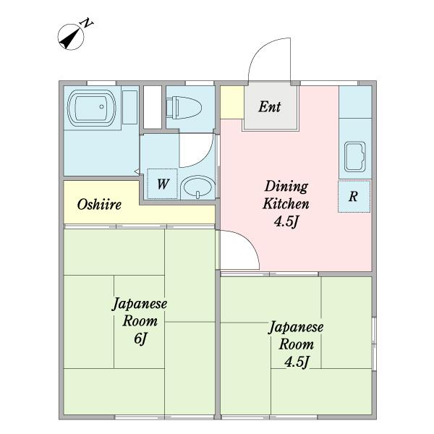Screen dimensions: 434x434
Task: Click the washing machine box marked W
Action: [x=162, y=184]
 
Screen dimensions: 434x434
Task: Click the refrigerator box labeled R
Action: [x=354, y=196]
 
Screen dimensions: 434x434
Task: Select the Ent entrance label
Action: [x=270, y=107]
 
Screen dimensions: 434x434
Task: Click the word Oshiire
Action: [x=99, y=205]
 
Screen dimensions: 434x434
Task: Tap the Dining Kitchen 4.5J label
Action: [x=286, y=204]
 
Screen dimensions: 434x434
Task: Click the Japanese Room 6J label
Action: [x=140, y=320]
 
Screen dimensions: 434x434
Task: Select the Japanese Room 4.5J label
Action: [x=296, y=344]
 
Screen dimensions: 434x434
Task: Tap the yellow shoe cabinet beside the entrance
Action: [x=231, y=101]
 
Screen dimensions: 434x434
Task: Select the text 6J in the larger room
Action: [x=140, y=338]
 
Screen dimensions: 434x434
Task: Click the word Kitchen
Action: [x=286, y=204]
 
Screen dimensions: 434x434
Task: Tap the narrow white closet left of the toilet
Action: [x=152, y=108]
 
